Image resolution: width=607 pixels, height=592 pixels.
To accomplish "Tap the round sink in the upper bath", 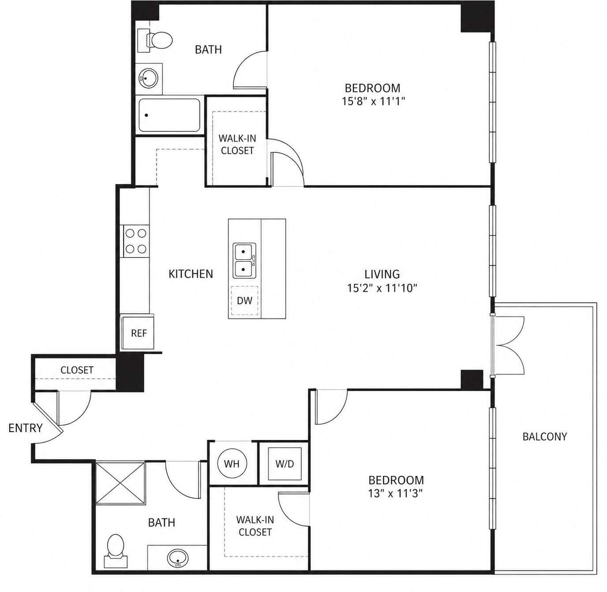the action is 149,78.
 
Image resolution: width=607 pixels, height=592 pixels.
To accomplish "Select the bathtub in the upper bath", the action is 169,115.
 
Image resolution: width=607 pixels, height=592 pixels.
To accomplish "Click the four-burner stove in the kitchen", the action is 136,241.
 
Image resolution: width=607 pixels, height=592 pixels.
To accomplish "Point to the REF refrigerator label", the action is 139,333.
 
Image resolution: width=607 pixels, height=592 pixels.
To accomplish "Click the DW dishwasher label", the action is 244,300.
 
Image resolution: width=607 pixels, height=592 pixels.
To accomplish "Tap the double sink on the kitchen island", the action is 244,261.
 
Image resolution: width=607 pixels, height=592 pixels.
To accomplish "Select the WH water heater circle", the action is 232,464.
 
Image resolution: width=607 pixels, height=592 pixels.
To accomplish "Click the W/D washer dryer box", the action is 285,464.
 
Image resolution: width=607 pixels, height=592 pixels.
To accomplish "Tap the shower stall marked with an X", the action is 120,483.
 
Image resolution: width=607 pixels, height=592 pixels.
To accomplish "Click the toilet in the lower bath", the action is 116,551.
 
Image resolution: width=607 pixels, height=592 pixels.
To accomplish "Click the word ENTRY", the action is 26,428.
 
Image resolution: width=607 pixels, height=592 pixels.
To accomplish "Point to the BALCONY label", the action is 545,437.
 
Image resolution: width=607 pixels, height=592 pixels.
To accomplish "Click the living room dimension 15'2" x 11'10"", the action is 382,288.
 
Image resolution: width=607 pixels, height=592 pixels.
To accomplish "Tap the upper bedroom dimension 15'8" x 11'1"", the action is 373,101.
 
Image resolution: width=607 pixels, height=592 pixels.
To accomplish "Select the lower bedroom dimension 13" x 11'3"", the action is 396,493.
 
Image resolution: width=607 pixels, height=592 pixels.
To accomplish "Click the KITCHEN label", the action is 191,274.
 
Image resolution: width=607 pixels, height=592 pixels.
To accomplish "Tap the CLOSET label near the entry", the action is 77,370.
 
